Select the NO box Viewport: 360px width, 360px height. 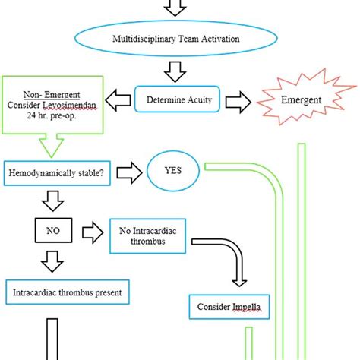click(52, 228)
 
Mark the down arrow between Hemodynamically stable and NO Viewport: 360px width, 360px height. click(52, 201)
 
